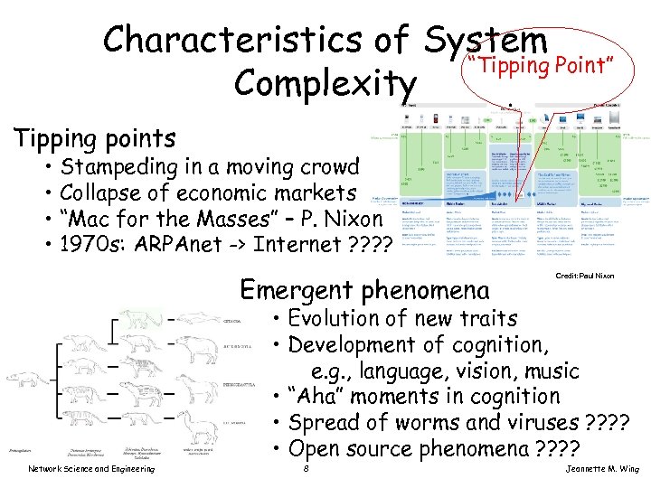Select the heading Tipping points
point(94,138)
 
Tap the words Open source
point(347,448)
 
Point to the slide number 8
point(308,468)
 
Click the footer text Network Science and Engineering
point(90,468)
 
